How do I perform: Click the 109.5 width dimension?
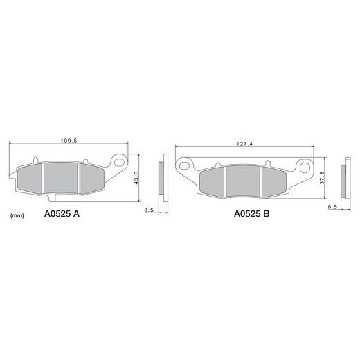click(69, 141)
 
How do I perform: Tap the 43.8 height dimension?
click(136, 178)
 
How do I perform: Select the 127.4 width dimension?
click(244, 144)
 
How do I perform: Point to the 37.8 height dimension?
click(322, 178)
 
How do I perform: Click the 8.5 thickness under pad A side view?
click(149, 210)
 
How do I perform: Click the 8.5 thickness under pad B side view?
click(332, 207)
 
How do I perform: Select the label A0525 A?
click(62, 214)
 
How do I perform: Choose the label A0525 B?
click(251, 214)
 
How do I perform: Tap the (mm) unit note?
click(17, 216)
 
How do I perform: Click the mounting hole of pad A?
click(119, 162)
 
